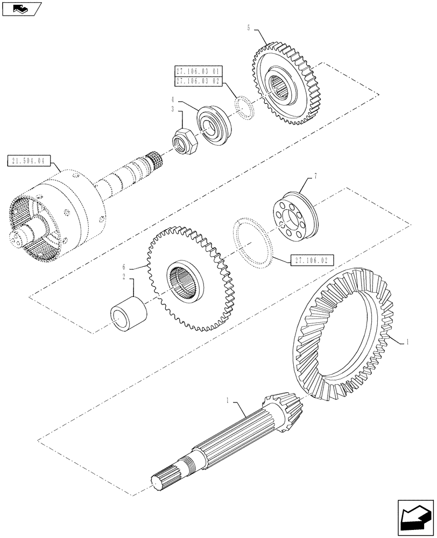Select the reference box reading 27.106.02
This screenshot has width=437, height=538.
tap(312, 260)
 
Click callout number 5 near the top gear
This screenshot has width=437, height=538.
tap(249, 27)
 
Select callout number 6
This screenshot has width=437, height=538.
tap(124, 267)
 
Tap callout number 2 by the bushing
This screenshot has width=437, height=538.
tap(124, 277)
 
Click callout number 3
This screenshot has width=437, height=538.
tap(173, 109)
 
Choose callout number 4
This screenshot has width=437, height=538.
tap(173, 100)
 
